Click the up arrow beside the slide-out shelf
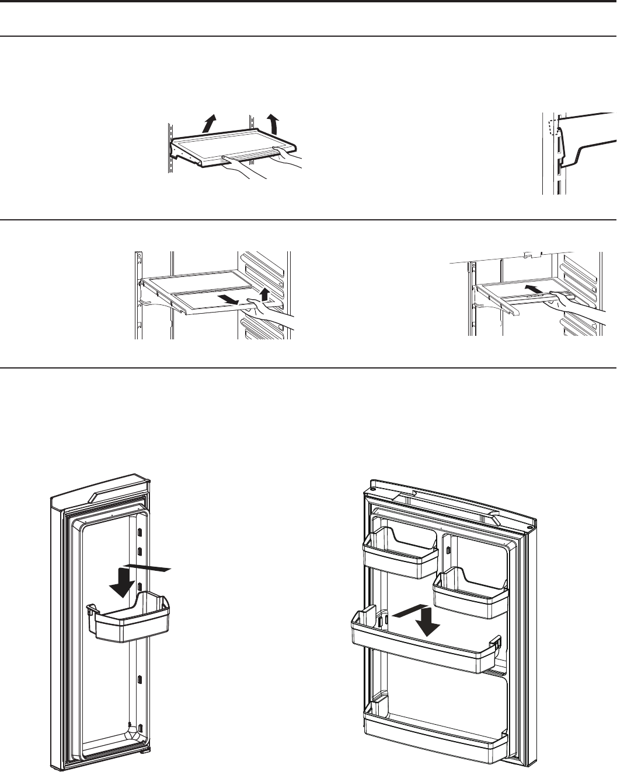coord(265,294)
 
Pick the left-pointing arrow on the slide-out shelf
coord(229,300)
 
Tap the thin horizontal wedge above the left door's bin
coord(148,567)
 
